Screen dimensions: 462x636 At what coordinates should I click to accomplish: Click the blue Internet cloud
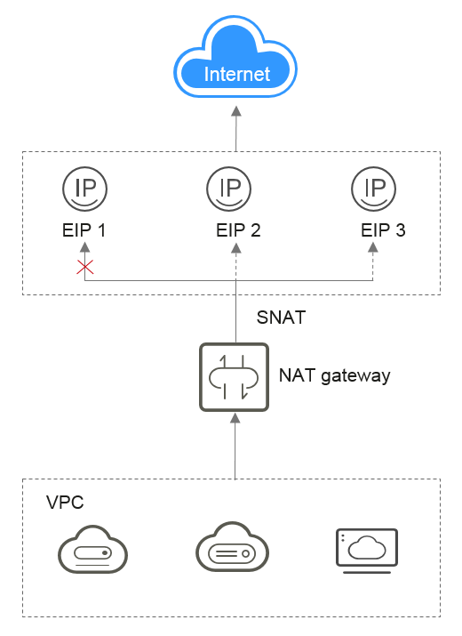tap(235, 57)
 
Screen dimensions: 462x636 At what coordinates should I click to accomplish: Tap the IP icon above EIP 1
tap(84, 189)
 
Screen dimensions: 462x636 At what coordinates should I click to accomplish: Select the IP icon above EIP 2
tap(229, 189)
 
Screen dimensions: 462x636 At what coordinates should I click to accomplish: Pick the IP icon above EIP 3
tap(374, 189)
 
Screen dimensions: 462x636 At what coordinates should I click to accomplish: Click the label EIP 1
tap(84, 230)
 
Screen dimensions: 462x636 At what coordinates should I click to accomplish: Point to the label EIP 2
tap(238, 230)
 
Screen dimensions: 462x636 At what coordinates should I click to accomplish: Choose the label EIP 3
tap(383, 230)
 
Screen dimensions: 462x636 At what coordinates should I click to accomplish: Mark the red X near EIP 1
tap(85, 268)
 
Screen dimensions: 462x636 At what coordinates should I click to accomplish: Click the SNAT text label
tap(281, 318)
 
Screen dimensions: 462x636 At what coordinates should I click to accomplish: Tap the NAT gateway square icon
tap(235, 377)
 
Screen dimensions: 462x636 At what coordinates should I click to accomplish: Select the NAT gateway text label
tap(335, 375)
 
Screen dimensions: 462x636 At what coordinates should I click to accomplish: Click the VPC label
tap(65, 503)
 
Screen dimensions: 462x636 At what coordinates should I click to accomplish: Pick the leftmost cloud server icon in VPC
tap(92, 549)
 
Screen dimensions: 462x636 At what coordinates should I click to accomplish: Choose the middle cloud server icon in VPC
tap(232, 547)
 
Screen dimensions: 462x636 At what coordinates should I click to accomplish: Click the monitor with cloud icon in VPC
tap(367, 551)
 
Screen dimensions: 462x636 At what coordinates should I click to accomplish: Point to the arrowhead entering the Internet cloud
tap(236, 111)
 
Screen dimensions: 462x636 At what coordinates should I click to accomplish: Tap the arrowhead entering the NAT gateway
tap(235, 418)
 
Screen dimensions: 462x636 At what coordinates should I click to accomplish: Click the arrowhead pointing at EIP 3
tap(373, 247)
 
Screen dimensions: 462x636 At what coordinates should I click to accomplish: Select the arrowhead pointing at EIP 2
tap(236, 247)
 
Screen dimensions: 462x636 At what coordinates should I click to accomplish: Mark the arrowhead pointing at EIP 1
tap(84, 247)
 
